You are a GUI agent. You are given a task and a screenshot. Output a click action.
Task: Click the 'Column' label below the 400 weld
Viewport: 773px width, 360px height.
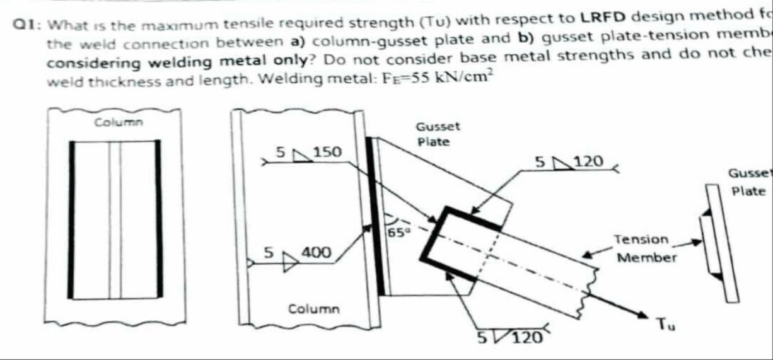click(x=313, y=309)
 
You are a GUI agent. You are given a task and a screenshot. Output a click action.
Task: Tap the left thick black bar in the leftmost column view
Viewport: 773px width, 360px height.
click(x=73, y=219)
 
